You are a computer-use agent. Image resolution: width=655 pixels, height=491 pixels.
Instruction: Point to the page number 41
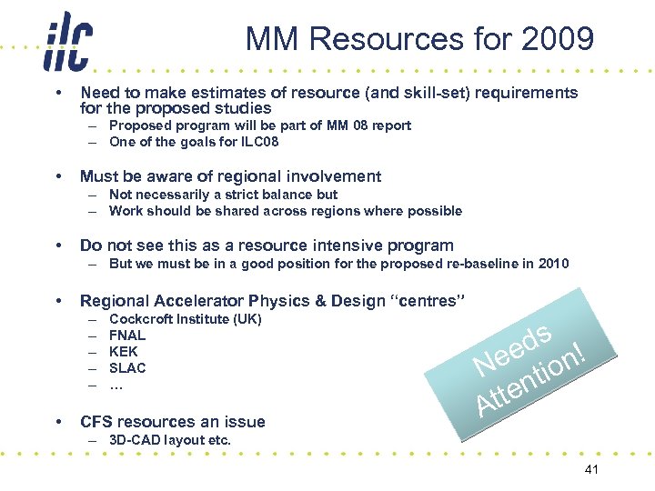pos(590,469)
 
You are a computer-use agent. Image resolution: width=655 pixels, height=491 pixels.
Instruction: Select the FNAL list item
pos(127,336)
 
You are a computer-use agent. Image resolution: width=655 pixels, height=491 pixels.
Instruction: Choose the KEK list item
pos(124,352)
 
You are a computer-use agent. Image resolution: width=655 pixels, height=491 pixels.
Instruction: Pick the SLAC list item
pos(127,368)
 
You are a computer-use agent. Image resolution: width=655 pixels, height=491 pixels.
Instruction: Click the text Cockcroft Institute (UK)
pos(185,319)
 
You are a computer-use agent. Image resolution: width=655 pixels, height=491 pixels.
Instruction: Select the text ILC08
pos(257,142)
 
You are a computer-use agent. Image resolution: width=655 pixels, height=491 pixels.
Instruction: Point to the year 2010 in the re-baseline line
pos(551,264)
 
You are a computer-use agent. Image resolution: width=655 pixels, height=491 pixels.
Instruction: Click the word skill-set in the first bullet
pos(408,93)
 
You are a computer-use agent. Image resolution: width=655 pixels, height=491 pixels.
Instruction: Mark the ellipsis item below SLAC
pos(116,385)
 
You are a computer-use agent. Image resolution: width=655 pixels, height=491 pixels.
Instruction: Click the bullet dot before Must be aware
pos(58,176)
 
